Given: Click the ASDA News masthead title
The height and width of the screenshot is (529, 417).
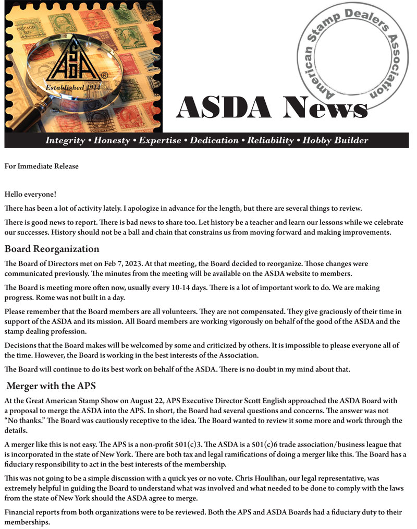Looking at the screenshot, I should coord(272,108).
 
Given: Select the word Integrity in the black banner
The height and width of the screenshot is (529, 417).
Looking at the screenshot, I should coord(65,140).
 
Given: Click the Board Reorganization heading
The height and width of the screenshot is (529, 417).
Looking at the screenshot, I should coord(52,248).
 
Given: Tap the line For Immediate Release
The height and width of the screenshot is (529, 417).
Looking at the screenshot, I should coord(42,166).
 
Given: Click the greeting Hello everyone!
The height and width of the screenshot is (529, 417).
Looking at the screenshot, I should coord(30,194).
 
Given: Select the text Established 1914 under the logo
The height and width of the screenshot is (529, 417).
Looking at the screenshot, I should coord(72,87).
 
